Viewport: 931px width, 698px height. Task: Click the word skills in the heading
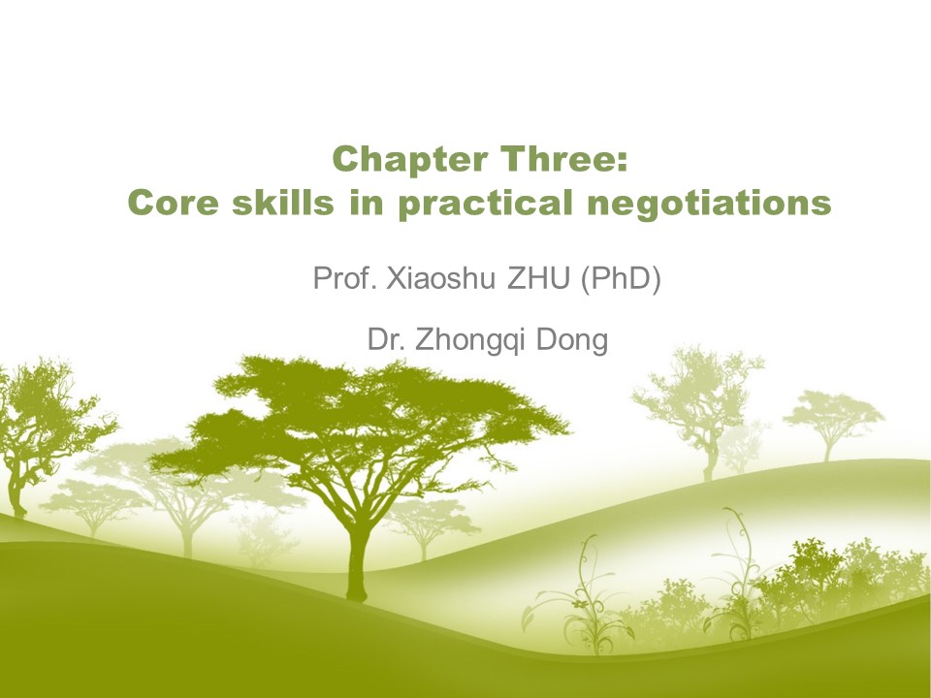[x=282, y=202]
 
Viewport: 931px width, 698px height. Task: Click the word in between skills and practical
[x=367, y=202]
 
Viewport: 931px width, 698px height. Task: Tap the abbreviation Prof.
[x=344, y=278]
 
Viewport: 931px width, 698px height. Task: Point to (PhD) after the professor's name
[x=620, y=279]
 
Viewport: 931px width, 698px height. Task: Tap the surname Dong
[x=572, y=340]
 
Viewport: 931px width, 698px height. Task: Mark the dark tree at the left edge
[x=42, y=433]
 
